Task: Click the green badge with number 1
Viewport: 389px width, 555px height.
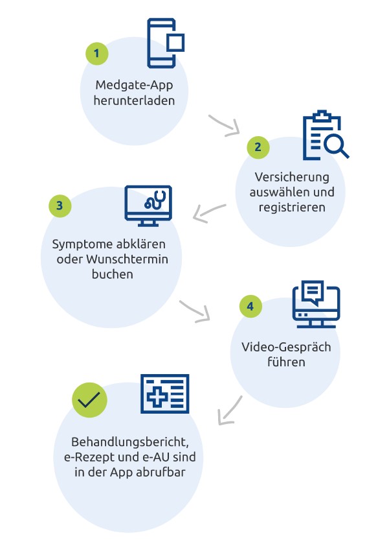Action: coord(97,53)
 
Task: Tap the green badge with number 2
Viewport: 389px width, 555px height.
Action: coord(258,147)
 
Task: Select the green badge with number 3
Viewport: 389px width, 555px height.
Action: coord(60,206)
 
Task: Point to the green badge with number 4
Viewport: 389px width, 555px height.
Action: coord(250,306)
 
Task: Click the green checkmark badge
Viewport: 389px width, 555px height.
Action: coord(89,400)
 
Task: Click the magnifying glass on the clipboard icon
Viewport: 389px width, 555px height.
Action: coord(335,145)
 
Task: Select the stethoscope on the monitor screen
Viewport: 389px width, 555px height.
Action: coord(155,200)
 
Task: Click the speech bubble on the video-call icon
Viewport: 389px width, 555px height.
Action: coord(313,292)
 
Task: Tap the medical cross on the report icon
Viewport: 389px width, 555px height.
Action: coord(157,396)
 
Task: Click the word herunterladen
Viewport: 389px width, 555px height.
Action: coord(134,100)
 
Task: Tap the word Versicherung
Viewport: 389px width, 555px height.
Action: coord(292,177)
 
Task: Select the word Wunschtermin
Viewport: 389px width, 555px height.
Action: coord(128,259)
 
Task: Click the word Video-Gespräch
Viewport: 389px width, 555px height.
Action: coord(286,347)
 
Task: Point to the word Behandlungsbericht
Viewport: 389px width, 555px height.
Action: coord(129,442)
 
